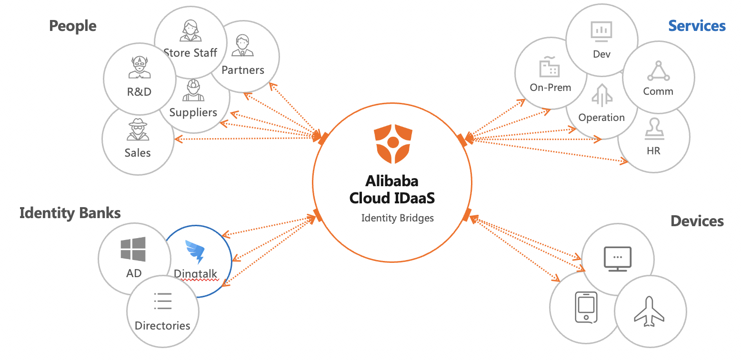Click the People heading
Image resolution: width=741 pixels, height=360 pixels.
[x=72, y=26]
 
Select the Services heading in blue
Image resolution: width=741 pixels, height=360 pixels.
[x=697, y=26]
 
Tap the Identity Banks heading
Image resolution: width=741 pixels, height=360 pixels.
[x=70, y=213]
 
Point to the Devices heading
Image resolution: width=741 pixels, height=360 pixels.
[x=697, y=221]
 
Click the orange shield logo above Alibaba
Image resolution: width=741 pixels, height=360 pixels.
[x=392, y=143]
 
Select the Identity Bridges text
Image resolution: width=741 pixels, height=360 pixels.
[x=397, y=218]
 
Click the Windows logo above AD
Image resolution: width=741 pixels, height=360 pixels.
[x=133, y=250]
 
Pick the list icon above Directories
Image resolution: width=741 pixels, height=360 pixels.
[x=163, y=301]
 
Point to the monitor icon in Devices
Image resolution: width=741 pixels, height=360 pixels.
[x=617, y=259]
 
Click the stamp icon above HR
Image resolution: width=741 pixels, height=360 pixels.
[x=653, y=130]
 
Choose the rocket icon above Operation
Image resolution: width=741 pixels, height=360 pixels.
[x=601, y=95]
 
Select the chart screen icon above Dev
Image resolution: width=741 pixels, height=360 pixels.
[x=601, y=31]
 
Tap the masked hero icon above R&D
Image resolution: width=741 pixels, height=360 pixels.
[x=139, y=67]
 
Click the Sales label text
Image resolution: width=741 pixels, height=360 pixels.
[x=138, y=153]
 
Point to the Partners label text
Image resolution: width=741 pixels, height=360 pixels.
[x=243, y=70]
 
